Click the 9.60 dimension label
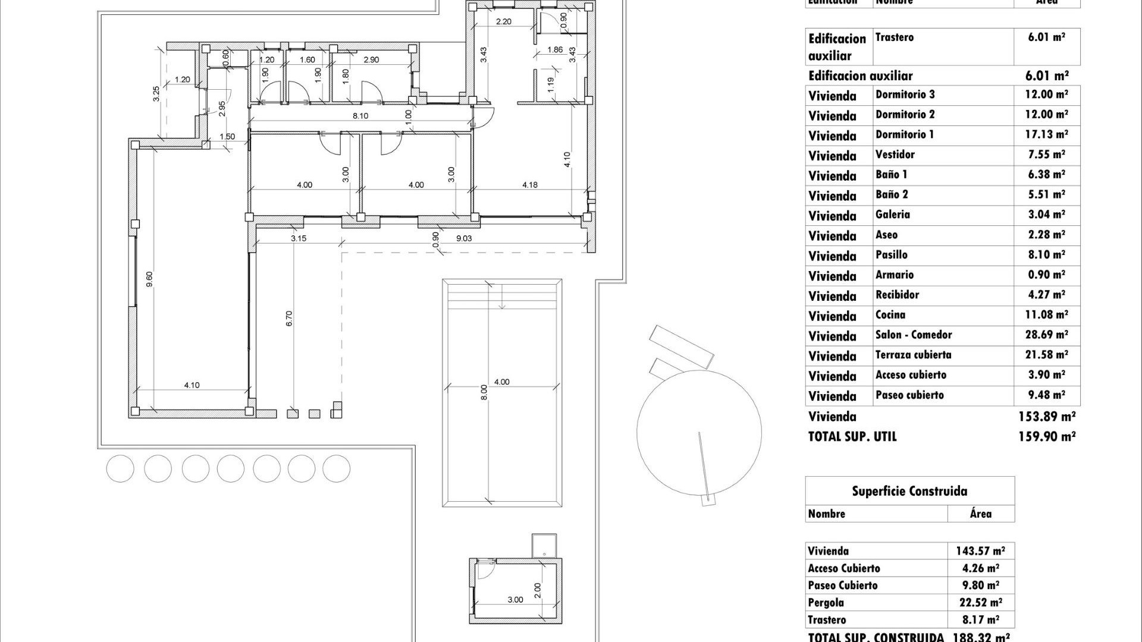149,279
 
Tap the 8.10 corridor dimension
360,116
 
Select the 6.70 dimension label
290,319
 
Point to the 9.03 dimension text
464,238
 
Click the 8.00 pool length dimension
484,392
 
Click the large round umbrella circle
699,432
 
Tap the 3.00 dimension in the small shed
515,600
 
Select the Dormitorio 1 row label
904,135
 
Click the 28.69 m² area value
1046,335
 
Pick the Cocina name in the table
890,315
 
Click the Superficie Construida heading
909,491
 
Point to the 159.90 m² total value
1046,436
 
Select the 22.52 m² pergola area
980,602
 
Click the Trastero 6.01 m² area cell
1046,37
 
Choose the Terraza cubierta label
913,355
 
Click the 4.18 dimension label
529,185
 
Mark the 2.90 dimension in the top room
371,60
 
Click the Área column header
980,514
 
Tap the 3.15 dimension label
299,238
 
